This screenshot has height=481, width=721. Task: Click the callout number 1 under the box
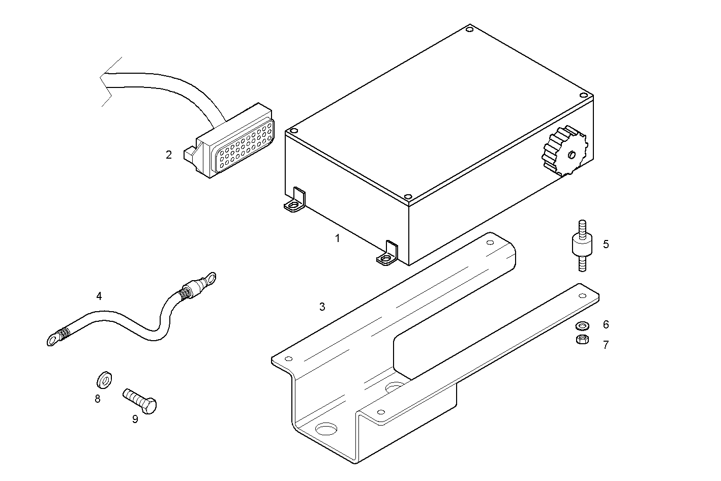pyautogui.click(x=337, y=238)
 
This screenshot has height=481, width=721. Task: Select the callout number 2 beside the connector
pyautogui.click(x=169, y=155)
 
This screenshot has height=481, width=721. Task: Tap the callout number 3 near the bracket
pyautogui.click(x=322, y=307)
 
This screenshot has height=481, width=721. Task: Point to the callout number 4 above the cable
pyautogui.click(x=99, y=295)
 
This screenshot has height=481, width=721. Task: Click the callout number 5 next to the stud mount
pyautogui.click(x=606, y=244)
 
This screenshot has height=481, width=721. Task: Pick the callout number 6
pyautogui.click(x=606, y=324)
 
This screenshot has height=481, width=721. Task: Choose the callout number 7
pyautogui.click(x=606, y=345)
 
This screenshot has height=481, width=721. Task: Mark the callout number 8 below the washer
pyautogui.click(x=98, y=399)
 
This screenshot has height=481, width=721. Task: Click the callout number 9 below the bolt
pyautogui.click(x=135, y=419)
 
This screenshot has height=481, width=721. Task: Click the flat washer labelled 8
pyautogui.click(x=105, y=379)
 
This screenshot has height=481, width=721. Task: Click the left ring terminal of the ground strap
pyautogui.click(x=53, y=339)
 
